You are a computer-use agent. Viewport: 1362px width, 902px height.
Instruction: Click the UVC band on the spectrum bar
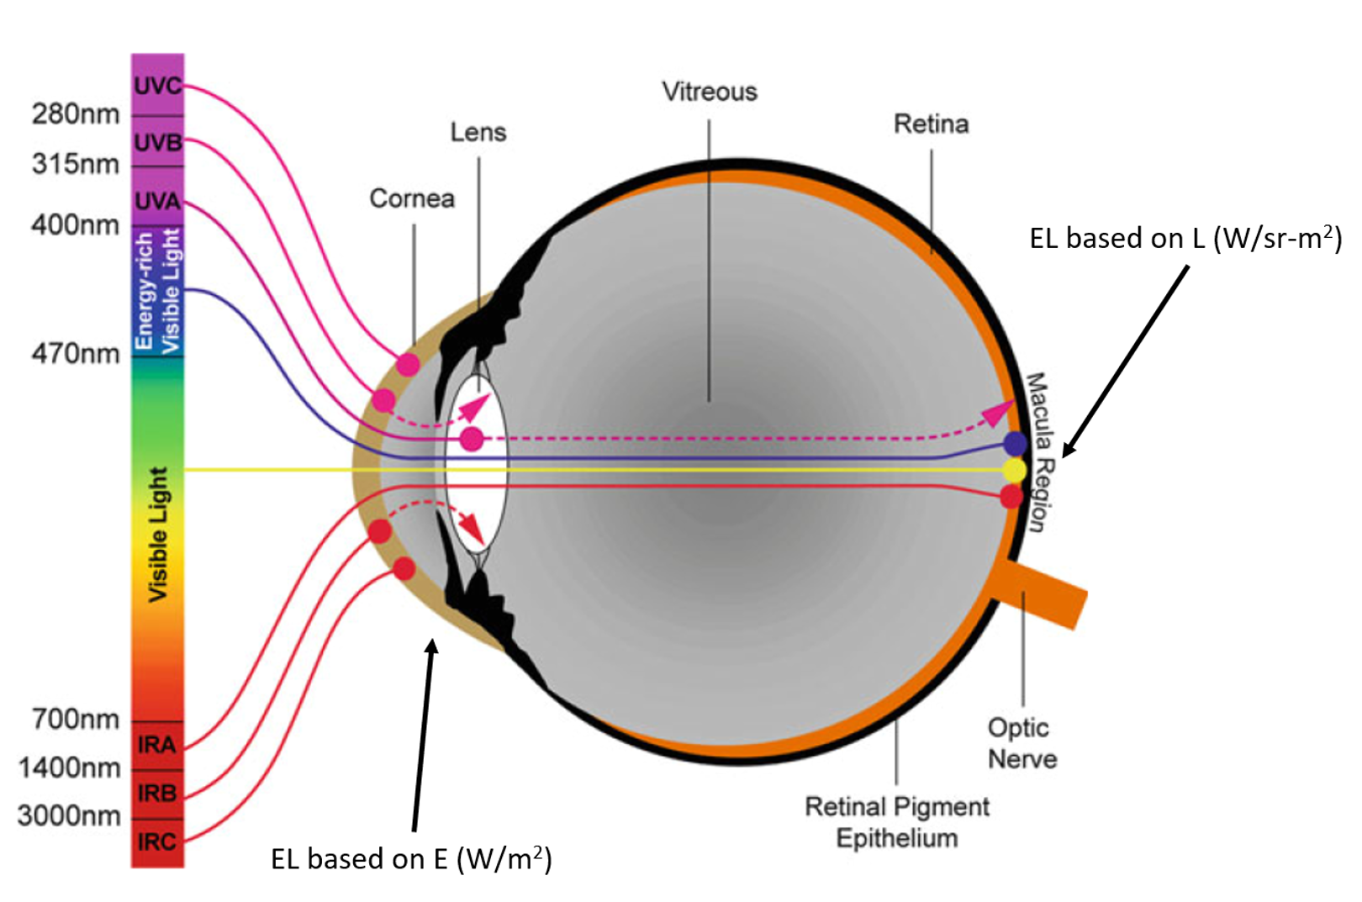(x=157, y=85)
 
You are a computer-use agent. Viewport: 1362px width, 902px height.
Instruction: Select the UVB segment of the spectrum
(x=157, y=142)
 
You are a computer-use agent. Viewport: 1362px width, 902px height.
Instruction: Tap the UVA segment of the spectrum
(x=157, y=201)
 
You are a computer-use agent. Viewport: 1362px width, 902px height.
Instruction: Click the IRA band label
(x=157, y=745)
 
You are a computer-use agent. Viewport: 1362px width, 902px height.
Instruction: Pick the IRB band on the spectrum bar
(x=157, y=793)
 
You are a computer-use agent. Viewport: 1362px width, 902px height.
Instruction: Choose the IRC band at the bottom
(x=157, y=841)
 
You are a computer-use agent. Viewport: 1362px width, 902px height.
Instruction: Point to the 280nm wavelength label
(x=76, y=113)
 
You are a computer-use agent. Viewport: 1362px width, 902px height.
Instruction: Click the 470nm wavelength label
(x=76, y=353)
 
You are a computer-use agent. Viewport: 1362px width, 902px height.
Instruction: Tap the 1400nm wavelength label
(x=70, y=767)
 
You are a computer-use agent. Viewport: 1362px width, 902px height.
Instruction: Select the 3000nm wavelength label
(x=69, y=815)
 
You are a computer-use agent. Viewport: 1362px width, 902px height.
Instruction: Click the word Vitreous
(x=709, y=92)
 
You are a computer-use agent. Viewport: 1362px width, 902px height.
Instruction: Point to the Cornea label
(x=412, y=198)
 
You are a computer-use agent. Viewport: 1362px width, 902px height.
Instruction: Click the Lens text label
(x=478, y=132)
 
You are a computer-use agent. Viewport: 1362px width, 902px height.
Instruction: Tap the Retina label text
(x=931, y=124)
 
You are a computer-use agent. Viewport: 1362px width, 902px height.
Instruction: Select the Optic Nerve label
(x=1022, y=743)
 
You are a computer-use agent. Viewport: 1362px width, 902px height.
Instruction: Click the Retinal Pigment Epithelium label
(x=897, y=822)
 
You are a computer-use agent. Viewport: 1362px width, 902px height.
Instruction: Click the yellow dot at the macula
(x=1015, y=470)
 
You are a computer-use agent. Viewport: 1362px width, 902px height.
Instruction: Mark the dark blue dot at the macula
(x=1015, y=444)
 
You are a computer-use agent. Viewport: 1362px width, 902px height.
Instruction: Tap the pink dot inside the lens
(x=472, y=438)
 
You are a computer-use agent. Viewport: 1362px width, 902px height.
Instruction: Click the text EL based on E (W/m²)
(x=411, y=859)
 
